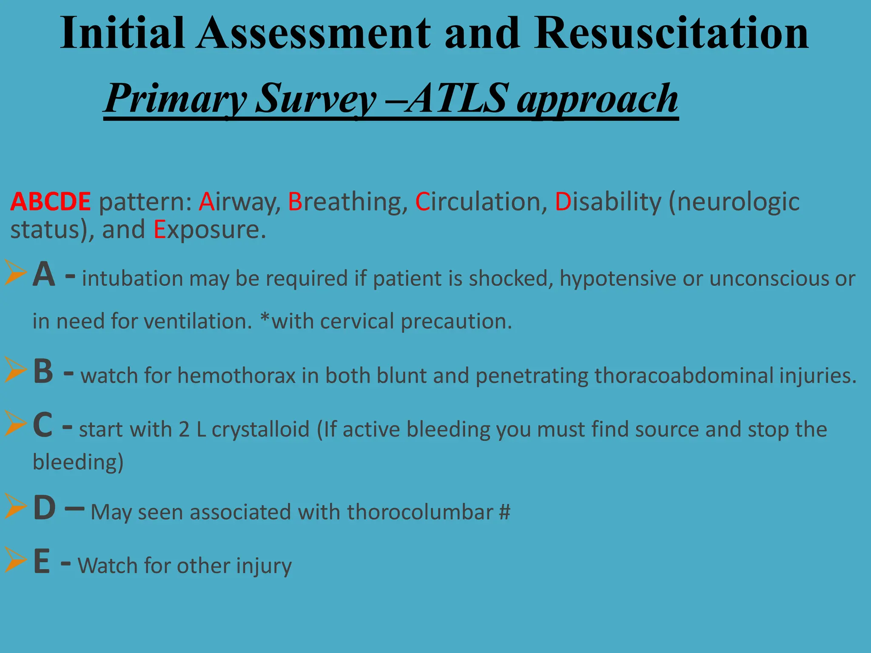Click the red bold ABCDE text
click(51, 202)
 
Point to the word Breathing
click(345, 202)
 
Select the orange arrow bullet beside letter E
click(16, 559)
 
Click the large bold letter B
click(43, 371)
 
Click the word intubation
click(132, 279)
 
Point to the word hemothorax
click(236, 376)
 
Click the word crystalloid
click(260, 429)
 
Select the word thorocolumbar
click(420, 512)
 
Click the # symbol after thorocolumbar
click(504, 512)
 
